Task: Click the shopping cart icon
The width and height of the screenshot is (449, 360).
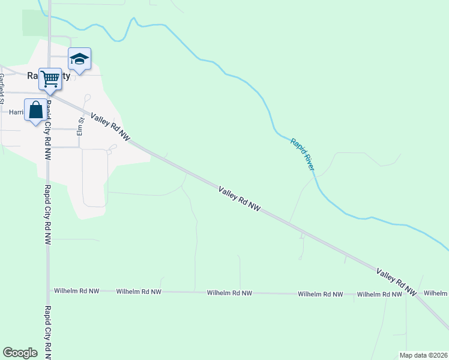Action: point(50,77)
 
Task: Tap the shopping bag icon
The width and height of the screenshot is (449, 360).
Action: point(35,110)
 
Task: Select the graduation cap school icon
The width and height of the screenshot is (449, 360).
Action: point(79,59)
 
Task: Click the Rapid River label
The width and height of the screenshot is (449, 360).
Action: point(302,154)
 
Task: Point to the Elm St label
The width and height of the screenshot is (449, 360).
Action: point(79,125)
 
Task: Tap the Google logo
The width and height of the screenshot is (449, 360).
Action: point(20,353)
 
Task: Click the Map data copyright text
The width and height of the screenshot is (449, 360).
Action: point(423,355)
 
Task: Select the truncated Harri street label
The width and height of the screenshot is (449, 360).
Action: point(16,112)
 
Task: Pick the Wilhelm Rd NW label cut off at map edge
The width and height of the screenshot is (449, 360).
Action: point(436,293)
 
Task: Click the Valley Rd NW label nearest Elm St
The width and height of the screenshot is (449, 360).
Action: point(110,127)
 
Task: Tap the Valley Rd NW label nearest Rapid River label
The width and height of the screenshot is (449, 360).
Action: point(240,199)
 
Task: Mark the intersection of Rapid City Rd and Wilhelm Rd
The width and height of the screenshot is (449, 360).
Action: point(49,291)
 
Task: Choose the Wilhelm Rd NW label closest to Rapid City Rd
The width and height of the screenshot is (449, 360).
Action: point(77,291)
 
